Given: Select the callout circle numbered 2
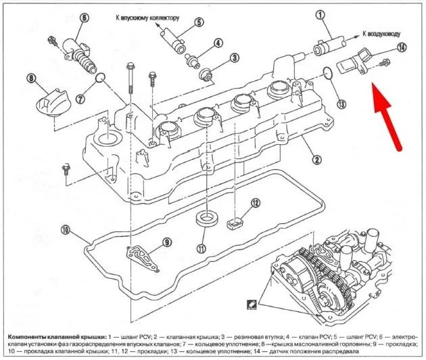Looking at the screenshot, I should tap(315, 160).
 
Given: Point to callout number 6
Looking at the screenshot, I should tap(84, 18).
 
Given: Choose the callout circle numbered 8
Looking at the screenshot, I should tap(30, 79).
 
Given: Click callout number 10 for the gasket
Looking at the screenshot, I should tap(65, 230).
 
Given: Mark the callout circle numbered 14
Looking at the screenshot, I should tap(402, 47).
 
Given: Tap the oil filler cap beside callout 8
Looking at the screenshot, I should tap(49, 106).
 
